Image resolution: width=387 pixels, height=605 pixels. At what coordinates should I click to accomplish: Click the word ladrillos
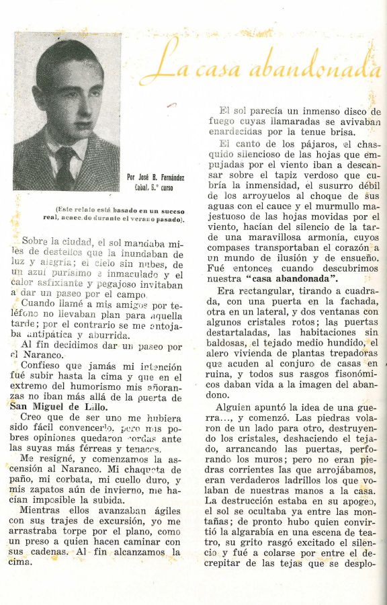point(302,480)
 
